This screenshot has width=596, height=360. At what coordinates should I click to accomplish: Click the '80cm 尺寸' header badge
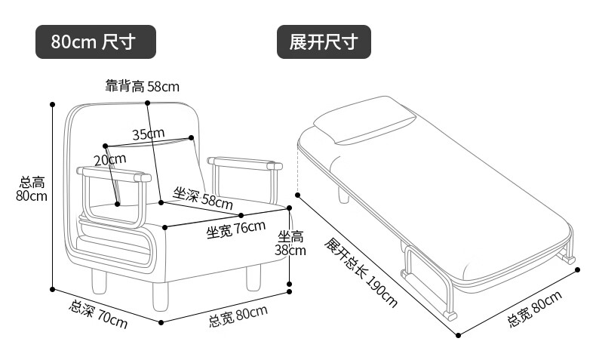coord(96,42)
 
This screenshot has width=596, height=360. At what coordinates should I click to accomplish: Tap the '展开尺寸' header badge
coord(324,42)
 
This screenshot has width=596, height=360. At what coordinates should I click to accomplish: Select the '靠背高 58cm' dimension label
coord(143,86)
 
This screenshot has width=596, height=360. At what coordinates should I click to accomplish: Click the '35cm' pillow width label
coord(148,134)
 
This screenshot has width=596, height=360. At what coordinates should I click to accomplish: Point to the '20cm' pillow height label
coord(109,159)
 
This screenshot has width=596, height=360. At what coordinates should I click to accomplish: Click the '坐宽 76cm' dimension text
coord(236,228)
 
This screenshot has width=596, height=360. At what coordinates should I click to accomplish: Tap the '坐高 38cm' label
coord(291,243)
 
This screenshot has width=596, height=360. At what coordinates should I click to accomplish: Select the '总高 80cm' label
coord(32,189)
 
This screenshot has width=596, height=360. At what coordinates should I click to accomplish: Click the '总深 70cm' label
coord(98,315)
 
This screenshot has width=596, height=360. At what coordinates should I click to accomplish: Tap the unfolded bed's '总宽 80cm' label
coord(535,309)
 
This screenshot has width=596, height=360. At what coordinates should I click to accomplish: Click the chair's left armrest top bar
coord(114,174)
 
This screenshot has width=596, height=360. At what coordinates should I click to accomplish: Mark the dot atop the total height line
coord(53,104)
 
